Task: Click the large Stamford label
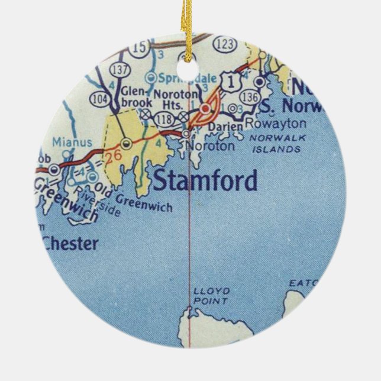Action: pyautogui.click(x=205, y=180)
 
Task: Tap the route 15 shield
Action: pyautogui.click(x=140, y=47)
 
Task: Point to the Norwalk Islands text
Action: pyautogui.click(x=276, y=144)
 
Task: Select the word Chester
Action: pyautogui.click(x=70, y=244)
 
